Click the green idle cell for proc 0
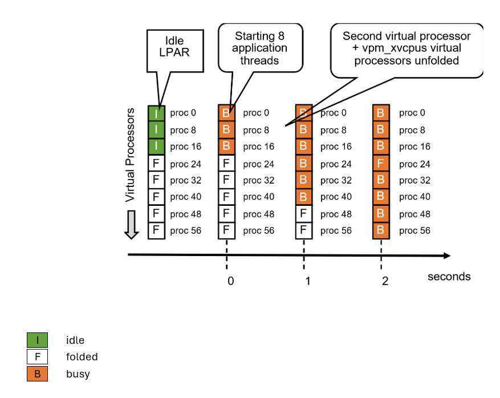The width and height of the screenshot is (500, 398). coord(156,113)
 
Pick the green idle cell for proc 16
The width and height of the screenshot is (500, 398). coord(156,147)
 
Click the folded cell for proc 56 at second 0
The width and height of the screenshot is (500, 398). coord(227,230)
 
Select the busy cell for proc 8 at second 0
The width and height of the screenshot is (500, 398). coord(227,130)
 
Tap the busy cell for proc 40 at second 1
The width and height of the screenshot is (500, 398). coord(304,197)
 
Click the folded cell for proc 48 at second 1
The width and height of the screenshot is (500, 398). coord(304,214)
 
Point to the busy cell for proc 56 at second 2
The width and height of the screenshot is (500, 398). coord(381,230)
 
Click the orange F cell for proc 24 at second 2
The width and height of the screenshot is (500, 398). coord(381,164)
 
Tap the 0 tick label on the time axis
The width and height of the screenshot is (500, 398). coord(230,281)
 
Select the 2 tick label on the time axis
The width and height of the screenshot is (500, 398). coord(385,281)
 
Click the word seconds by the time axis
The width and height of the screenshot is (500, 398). coord(449,277)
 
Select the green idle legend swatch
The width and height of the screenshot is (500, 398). coord(37,340)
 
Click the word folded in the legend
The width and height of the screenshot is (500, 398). coord(82,357)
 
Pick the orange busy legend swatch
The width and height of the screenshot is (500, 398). coord(37,374)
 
